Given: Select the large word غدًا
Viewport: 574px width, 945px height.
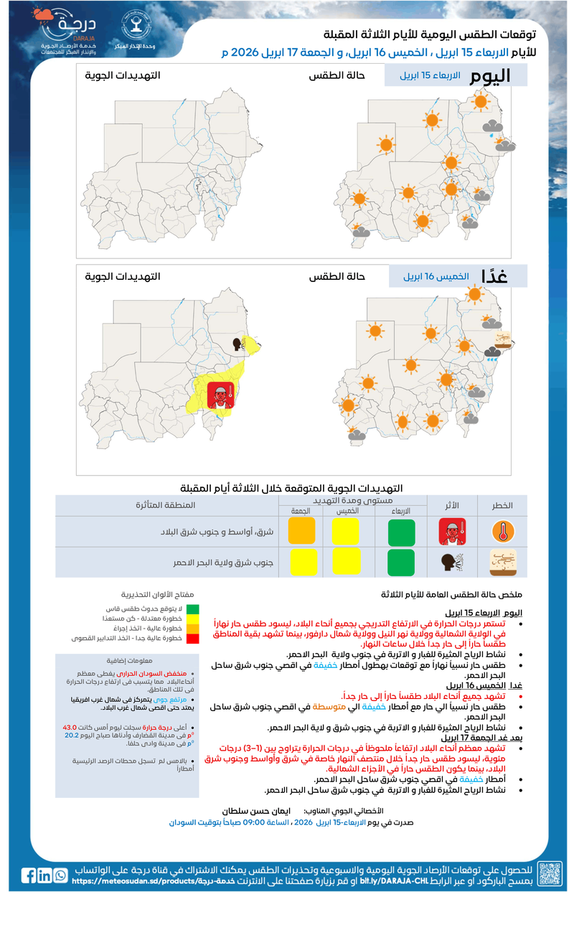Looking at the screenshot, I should (x=494, y=276).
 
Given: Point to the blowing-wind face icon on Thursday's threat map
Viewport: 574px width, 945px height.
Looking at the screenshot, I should (x=240, y=344).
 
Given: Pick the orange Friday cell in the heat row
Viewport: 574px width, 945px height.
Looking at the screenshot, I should (x=301, y=532).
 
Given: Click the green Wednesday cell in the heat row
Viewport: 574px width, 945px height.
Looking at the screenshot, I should (x=401, y=532).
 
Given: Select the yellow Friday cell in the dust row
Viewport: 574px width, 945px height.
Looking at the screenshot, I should (x=301, y=562).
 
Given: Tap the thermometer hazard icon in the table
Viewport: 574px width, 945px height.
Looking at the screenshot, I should (x=503, y=532).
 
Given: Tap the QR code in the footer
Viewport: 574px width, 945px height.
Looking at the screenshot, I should (x=550, y=873).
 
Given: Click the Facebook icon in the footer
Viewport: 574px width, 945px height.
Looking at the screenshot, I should (x=29, y=875).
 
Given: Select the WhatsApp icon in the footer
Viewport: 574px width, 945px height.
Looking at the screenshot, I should (x=60, y=875).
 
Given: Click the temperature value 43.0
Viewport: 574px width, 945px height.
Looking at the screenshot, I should (x=70, y=727).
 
